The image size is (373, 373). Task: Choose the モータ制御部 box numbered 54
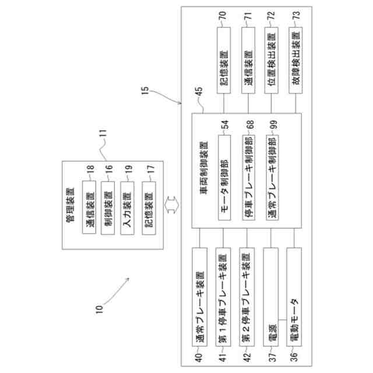tap(224, 178)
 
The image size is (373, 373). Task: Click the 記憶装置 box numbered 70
tap(224, 68)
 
